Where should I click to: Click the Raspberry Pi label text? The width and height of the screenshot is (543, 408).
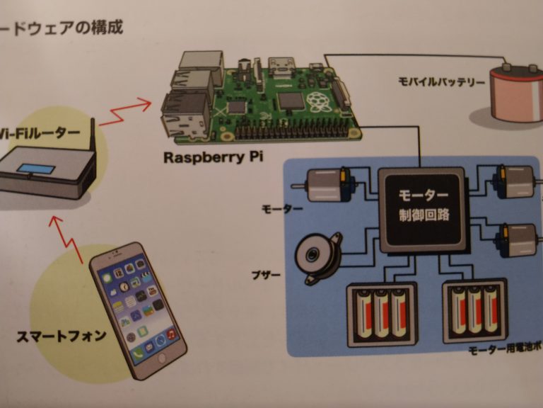pyautogui.click(x=213, y=157)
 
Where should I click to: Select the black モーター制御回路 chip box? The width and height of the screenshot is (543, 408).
pyautogui.click(x=422, y=210)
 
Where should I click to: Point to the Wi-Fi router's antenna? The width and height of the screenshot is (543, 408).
pyautogui.click(x=93, y=141)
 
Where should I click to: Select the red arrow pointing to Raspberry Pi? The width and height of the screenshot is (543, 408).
pyautogui.click(x=127, y=112)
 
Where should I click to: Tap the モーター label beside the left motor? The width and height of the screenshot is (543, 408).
pyautogui.click(x=282, y=209)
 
